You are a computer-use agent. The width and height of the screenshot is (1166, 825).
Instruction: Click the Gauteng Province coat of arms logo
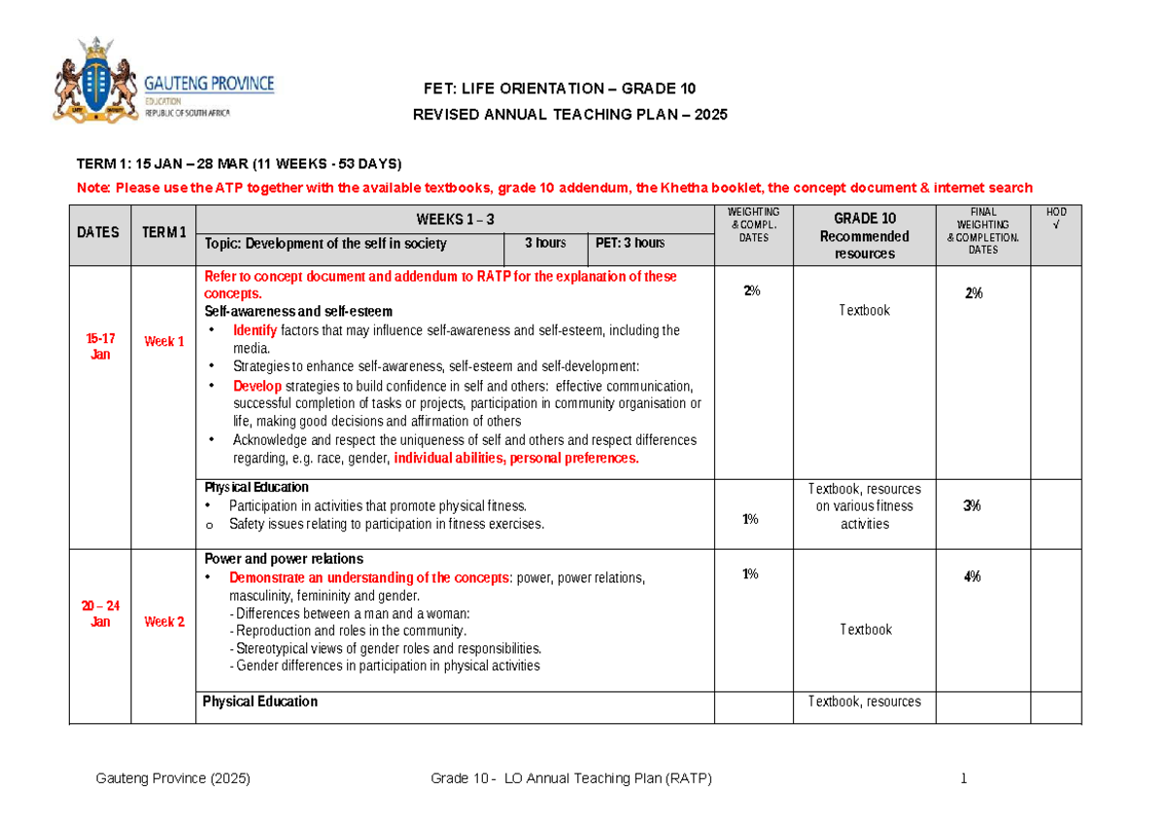[x=95, y=80]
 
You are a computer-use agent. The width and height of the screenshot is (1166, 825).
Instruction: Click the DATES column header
[x=100, y=232]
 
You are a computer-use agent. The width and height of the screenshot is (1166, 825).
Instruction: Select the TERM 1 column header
[x=163, y=232]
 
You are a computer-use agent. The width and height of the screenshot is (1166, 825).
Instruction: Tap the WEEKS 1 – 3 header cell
[x=455, y=220]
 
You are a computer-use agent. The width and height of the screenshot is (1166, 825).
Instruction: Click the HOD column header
[x=1055, y=219]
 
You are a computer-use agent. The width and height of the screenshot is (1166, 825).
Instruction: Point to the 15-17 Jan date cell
[x=100, y=346]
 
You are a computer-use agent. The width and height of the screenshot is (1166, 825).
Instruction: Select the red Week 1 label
[x=164, y=341]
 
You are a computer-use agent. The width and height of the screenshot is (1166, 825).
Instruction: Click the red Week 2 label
[x=164, y=622]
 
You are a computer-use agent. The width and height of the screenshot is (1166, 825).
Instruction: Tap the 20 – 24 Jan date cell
[x=100, y=614]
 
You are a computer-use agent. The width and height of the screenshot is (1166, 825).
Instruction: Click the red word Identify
[x=255, y=330]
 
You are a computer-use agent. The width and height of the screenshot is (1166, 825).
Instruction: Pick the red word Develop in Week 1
[x=257, y=386]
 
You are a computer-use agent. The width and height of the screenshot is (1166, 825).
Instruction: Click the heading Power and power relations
[x=284, y=559]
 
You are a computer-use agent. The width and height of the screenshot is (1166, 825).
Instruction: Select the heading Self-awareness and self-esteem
[x=298, y=312]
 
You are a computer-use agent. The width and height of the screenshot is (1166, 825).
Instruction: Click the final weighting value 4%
[x=973, y=577]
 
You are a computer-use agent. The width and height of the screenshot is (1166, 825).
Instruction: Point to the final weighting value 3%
[x=973, y=505]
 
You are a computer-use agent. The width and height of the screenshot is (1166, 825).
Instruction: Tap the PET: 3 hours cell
[x=630, y=243]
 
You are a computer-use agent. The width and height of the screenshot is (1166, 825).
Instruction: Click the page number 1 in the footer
[x=964, y=779]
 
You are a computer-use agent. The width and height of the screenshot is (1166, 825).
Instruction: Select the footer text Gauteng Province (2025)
[x=174, y=779]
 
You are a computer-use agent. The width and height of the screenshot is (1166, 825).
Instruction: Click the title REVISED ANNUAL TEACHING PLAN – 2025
[x=570, y=115]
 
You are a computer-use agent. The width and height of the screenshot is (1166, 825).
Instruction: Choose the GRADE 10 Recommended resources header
[x=864, y=235]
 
